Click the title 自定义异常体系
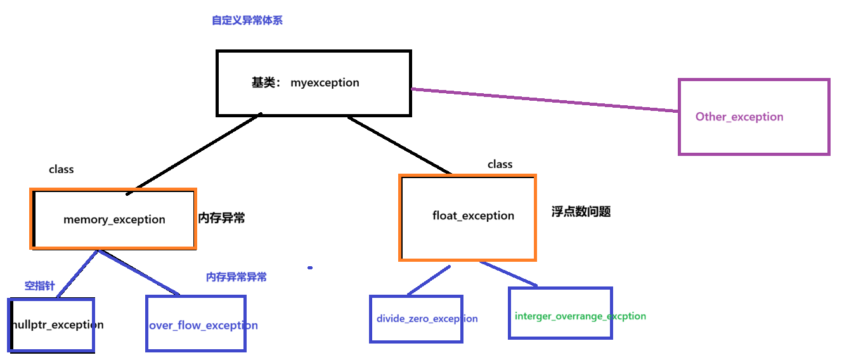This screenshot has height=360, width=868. (247, 21)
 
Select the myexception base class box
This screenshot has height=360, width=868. (313, 83)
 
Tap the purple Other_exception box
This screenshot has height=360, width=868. (753, 117)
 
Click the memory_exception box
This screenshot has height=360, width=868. (113, 219)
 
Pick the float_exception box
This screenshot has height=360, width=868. (468, 216)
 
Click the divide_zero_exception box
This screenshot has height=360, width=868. (417, 318)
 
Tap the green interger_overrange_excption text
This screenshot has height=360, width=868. (580, 316)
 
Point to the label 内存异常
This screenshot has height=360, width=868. (221, 219)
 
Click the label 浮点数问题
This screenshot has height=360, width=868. (581, 212)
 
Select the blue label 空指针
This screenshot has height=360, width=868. (39, 286)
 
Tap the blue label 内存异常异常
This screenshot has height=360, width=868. (236, 277)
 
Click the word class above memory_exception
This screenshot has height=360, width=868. (61, 169)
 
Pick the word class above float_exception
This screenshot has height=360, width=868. (500, 164)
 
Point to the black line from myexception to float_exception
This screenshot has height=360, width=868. (399, 145)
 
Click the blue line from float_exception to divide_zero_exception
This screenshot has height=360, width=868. (428, 280)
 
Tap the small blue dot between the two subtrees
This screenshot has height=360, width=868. (310, 268)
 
